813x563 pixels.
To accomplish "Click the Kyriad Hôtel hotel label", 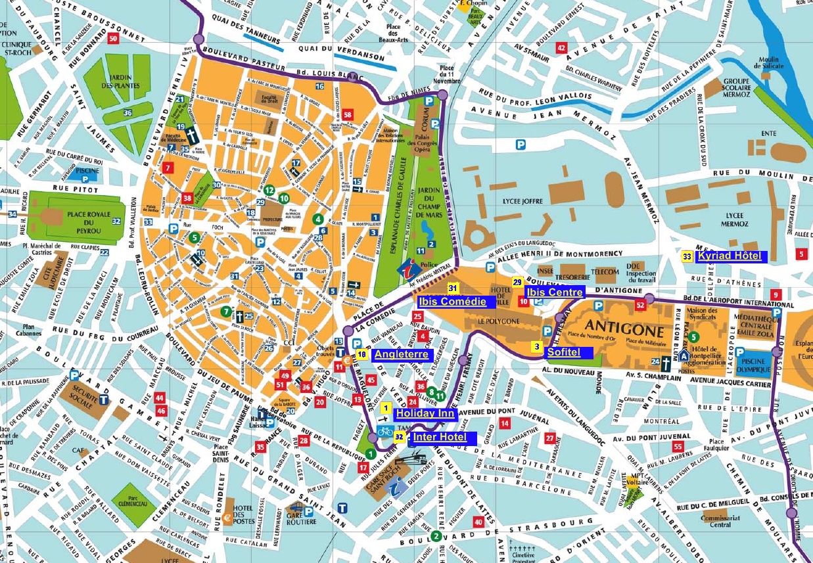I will click(x=730, y=256).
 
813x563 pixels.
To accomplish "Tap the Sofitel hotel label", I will click(x=564, y=353).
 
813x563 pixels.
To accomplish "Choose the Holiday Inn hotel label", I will click(x=425, y=414).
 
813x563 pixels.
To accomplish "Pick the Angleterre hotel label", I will click(x=401, y=355).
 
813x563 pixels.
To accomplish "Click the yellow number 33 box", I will click(x=687, y=256).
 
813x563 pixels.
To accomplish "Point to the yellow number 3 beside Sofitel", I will click(x=537, y=348).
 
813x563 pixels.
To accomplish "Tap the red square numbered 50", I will click(x=114, y=39).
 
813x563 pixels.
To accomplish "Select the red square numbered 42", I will click(x=561, y=48).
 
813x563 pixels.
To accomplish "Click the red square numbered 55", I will click(x=678, y=447).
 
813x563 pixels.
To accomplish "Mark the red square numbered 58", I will click(x=348, y=116).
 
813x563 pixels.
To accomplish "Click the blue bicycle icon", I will click(x=385, y=432).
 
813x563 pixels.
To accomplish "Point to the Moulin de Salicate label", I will click(x=768, y=64).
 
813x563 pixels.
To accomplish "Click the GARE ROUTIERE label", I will click(x=301, y=518).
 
